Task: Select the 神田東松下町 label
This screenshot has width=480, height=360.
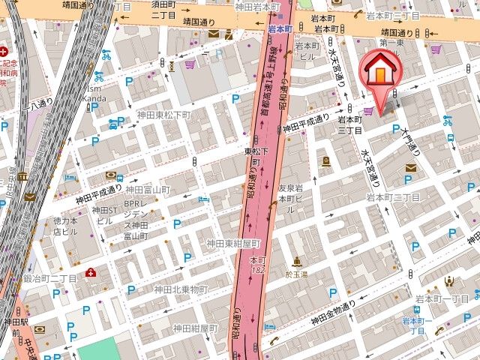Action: coord(163,115)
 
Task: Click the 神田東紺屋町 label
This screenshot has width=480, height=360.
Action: coord(233,244)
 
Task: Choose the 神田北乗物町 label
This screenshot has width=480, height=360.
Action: coord(181,289)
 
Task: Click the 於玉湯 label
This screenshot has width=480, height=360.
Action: coord(298,274)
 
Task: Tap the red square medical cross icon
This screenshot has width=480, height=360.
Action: coord(91,271)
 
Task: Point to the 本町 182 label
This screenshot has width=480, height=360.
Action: coord(258,265)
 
